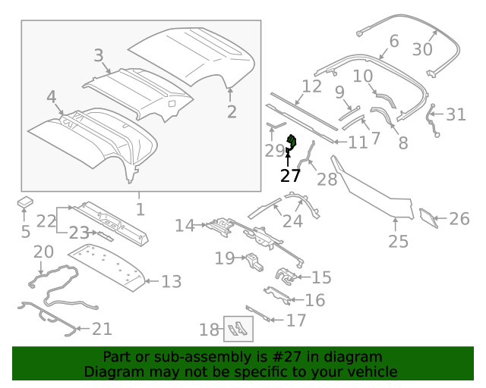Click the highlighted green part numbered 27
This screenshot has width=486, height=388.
pyautogui.click(x=290, y=141)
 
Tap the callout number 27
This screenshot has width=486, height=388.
pyautogui.click(x=290, y=176)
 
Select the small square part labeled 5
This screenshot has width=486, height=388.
pyautogui.click(x=27, y=203)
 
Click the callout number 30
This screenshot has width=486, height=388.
pyautogui.click(x=421, y=49)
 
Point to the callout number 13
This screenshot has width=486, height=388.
pyautogui.click(x=172, y=282)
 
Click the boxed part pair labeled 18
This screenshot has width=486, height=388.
pyautogui.click(x=238, y=329)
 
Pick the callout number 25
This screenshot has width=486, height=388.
pyautogui.click(x=398, y=241)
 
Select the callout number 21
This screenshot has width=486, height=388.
pyautogui.click(x=102, y=329)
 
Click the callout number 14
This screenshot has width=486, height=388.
pyautogui.click(x=185, y=225)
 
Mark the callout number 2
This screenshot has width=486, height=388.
pyautogui.click(x=232, y=112)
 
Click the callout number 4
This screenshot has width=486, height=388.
pyautogui.click(x=51, y=97)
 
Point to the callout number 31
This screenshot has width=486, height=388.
pyautogui.click(x=456, y=114)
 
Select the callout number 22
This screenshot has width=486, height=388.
pyautogui.click(x=46, y=221)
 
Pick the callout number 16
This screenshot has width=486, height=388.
pyautogui.click(x=314, y=300)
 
